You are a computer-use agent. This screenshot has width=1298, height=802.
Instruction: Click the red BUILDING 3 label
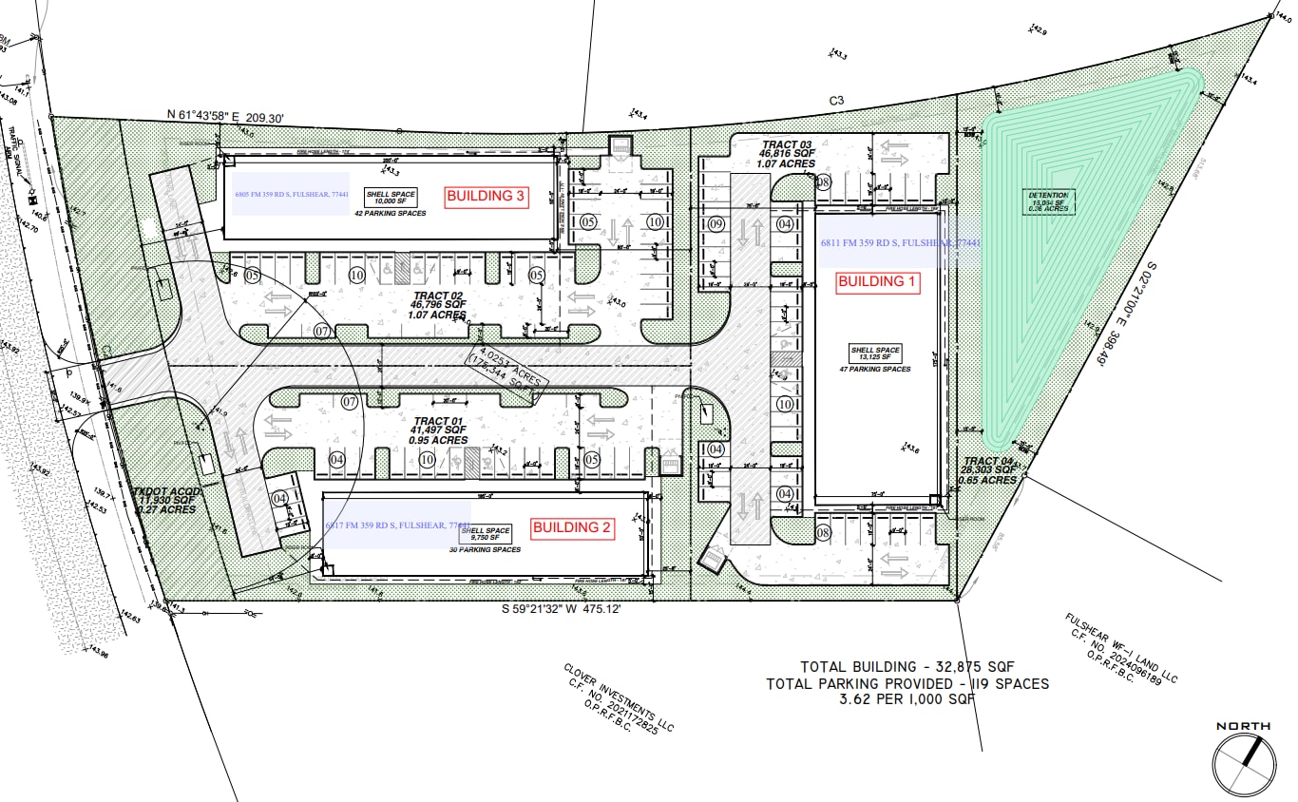[x=487, y=197]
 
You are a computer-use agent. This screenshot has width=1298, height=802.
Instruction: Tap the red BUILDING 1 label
[x=876, y=281]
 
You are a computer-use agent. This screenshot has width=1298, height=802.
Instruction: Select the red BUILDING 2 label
[x=572, y=527]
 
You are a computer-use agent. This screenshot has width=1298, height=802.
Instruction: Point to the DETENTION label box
[x=1049, y=200]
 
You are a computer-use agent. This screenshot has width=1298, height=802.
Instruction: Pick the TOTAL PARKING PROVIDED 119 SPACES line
[x=907, y=683]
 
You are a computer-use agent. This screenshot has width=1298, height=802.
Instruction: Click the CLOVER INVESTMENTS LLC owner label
[x=618, y=699]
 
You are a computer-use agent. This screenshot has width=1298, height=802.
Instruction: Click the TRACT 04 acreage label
[x=989, y=470]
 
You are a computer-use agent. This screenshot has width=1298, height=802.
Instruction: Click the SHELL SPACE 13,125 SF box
[x=875, y=354]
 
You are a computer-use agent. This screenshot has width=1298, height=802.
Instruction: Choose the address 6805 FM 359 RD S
[x=292, y=194]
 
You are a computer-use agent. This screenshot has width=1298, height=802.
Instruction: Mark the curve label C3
[x=836, y=99]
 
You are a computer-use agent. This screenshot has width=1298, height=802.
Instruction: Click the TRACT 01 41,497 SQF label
[x=440, y=430]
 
